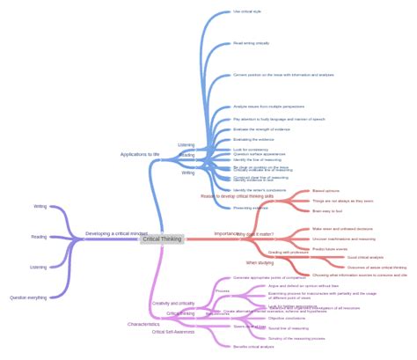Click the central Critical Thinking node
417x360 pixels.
[x=162, y=239]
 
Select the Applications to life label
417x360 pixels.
[x=140, y=154]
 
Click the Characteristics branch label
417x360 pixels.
[x=143, y=324]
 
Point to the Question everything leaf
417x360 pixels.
[x=28, y=298]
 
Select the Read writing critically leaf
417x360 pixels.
[x=252, y=43]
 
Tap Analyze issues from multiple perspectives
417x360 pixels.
[x=269, y=107]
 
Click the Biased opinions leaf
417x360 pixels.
[x=326, y=190]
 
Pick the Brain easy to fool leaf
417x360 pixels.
[x=326, y=211]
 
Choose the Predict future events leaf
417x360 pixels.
[x=331, y=248]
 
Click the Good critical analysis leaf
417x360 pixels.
[x=365, y=257]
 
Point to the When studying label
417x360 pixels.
[x=260, y=262]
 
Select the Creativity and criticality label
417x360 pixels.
[x=172, y=303]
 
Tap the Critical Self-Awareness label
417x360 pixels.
[x=172, y=332]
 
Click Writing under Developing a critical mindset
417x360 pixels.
[x=40, y=206]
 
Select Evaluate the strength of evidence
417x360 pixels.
[x=262, y=129]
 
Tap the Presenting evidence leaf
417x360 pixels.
[x=251, y=208]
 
